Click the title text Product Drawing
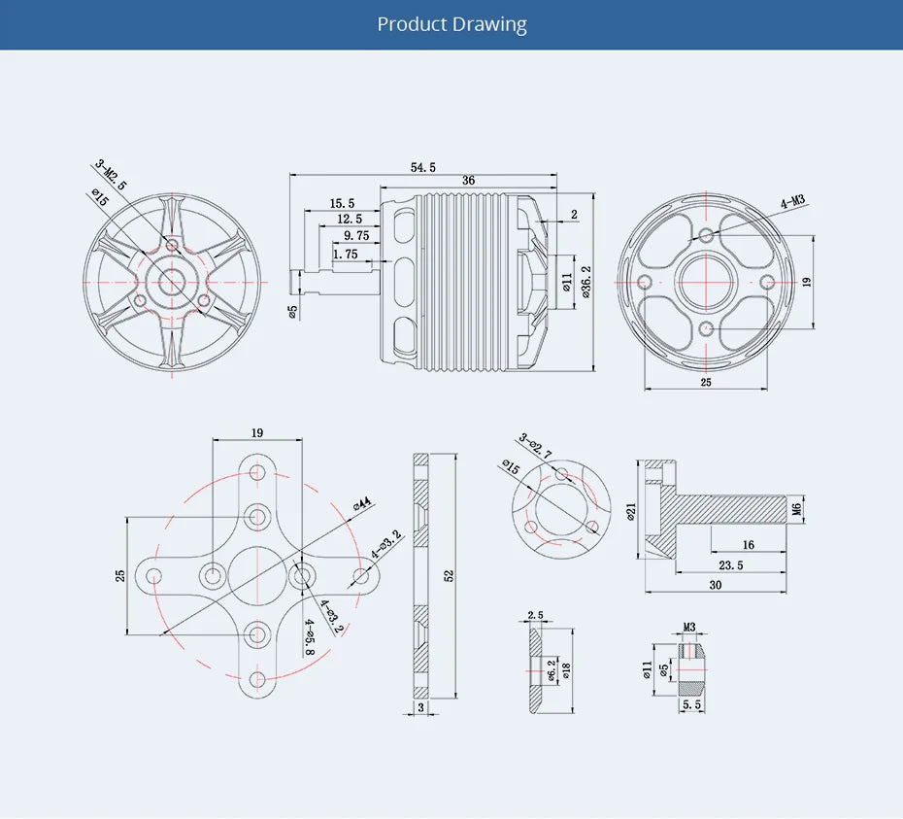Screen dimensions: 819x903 pyautogui.click(x=451, y=24)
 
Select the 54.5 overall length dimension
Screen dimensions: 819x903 pyautogui.click(x=423, y=167)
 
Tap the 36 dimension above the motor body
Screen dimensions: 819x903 pyautogui.click(x=468, y=181)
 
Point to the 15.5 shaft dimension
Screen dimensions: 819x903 pyautogui.click(x=342, y=203)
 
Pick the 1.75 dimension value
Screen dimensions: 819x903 pyautogui.click(x=345, y=254)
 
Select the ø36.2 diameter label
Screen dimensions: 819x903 pyautogui.click(x=585, y=283)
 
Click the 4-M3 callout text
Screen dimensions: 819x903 pyautogui.click(x=792, y=202)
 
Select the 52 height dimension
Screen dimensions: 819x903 pyautogui.click(x=449, y=575)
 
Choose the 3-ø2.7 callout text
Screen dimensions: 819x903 pyautogui.click(x=535, y=446)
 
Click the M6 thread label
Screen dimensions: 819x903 pyautogui.click(x=796, y=508)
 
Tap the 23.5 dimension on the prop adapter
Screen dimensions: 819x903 pyautogui.click(x=731, y=564)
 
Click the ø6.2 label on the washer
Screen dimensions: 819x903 pyautogui.click(x=551, y=671)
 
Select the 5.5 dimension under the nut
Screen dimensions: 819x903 pyautogui.click(x=691, y=704)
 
